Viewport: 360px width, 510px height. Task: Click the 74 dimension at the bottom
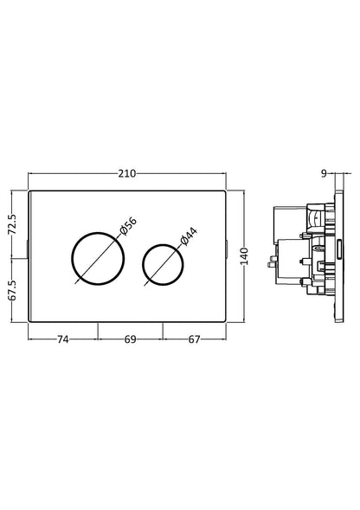click(x=63, y=340)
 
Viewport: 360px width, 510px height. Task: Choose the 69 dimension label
click(x=130, y=340)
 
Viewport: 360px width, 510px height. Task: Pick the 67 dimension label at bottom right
click(x=194, y=340)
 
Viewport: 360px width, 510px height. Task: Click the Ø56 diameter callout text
click(x=127, y=229)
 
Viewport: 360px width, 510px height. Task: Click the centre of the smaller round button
click(x=162, y=259)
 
